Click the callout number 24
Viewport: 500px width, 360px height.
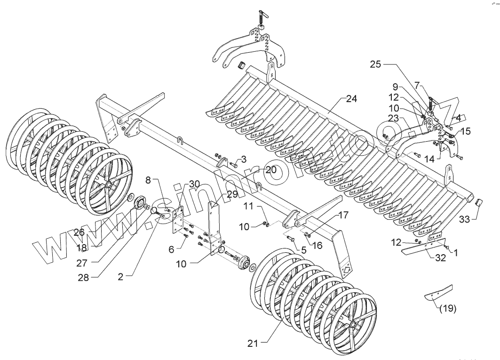pyautogui.click(x=351, y=99)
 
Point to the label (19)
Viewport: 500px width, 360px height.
pyautogui.click(x=447, y=309)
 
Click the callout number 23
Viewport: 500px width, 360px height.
pyautogui.click(x=393, y=118)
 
